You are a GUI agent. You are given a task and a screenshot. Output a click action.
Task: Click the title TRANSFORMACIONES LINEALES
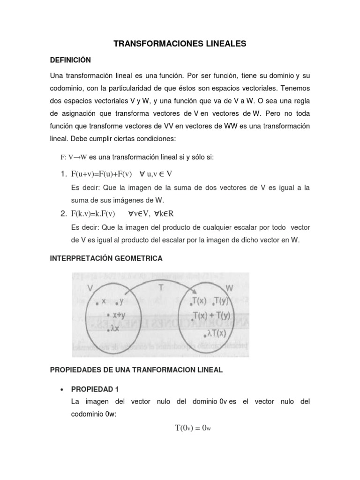(180, 44)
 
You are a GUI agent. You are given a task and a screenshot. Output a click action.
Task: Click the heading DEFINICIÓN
(70, 60)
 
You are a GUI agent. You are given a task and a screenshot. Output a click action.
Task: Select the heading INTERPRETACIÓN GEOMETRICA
(106, 258)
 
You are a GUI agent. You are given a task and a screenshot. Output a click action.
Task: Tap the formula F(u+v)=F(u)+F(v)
(101, 174)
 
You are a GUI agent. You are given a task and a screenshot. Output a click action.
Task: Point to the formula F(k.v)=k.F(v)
(93, 214)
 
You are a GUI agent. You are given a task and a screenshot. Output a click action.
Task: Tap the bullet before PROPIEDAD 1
(62, 390)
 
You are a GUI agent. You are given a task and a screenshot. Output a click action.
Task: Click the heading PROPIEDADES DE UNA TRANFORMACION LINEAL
(136, 370)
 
